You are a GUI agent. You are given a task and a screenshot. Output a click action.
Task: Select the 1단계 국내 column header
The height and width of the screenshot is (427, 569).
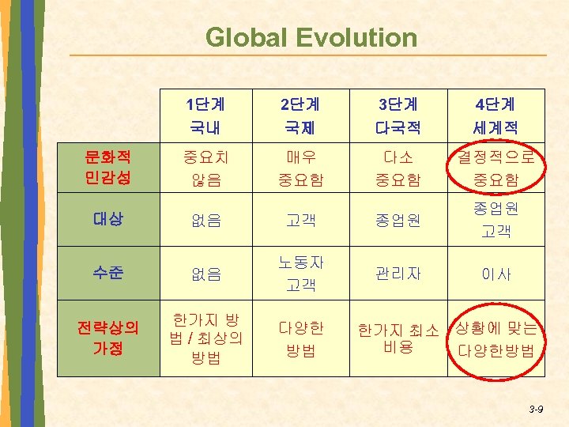click(x=205, y=115)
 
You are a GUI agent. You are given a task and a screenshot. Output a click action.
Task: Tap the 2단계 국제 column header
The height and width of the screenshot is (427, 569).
click(x=301, y=115)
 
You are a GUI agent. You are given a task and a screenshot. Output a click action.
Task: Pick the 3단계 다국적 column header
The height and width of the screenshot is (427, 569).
click(x=398, y=115)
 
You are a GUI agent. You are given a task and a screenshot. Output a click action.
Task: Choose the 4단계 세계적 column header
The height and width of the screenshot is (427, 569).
click(x=496, y=115)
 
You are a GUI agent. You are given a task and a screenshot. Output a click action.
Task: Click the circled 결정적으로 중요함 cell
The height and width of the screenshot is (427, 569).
click(x=497, y=168)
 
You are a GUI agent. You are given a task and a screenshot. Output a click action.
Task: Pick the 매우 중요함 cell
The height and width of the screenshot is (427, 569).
click(x=301, y=168)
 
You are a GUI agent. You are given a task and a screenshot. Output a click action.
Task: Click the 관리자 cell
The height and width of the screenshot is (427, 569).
click(x=398, y=274)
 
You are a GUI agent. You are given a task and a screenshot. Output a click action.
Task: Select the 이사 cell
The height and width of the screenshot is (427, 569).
click(x=497, y=274)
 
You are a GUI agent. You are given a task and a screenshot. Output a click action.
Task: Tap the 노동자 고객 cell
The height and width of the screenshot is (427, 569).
click(x=301, y=273)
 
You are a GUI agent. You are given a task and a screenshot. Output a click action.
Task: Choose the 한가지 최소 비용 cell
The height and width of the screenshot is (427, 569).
click(x=398, y=338)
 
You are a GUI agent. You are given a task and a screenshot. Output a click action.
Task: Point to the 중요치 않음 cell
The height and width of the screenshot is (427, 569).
click(x=205, y=168)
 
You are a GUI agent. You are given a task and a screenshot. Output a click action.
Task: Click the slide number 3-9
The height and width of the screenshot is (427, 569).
click(x=536, y=409)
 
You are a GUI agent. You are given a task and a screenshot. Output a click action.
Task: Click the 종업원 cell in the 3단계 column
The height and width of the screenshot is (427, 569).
click(x=398, y=220)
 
